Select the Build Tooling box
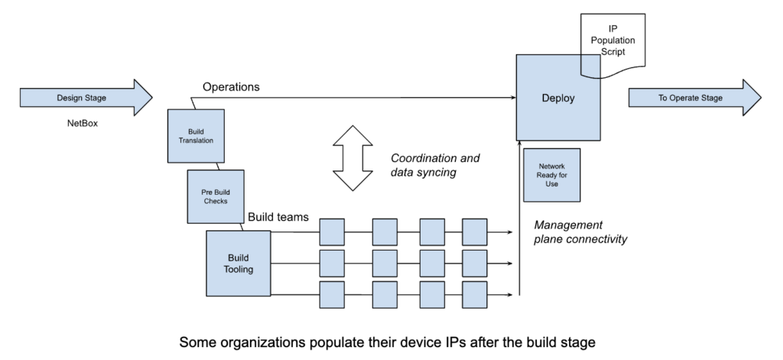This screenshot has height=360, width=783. pos(238,263)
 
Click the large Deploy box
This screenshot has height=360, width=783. pos(558,98)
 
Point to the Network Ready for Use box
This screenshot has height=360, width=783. pos(551,174)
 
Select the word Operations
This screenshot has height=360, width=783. pos(231,87)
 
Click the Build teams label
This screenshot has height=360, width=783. pos(278,217)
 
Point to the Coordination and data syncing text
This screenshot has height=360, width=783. pos(435,167)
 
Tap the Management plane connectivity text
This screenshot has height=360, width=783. pos(580,232)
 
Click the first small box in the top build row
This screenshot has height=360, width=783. pos(332,232)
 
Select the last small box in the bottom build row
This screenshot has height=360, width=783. pos(474,294)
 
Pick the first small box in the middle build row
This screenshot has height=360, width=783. pos(332,263)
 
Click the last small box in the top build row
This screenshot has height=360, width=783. pos(474,232)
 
